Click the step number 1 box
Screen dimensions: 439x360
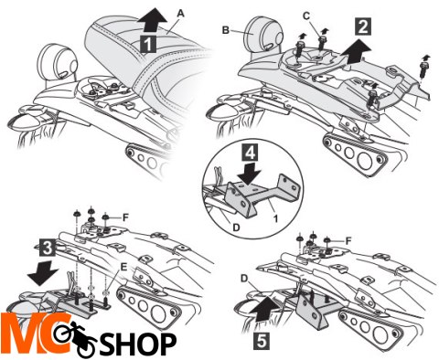click(x=147, y=44)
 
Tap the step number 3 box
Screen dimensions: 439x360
click(x=48, y=249)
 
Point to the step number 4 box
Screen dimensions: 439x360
click(x=250, y=153)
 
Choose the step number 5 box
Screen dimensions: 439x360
click(x=262, y=341)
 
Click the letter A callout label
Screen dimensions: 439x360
click(x=181, y=14)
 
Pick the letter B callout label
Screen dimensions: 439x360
click(x=226, y=30)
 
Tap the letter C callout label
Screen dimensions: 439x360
click(x=306, y=16)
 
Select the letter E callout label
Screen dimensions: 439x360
click(x=123, y=267)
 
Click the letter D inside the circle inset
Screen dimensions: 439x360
click(x=236, y=227)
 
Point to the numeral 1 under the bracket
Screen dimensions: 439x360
click(x=275, y=218)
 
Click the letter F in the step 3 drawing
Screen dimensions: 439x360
click(x=125, y=217)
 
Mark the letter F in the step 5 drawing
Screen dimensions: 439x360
click(x=348, y=241)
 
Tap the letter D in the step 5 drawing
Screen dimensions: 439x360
click(x=244, y=279)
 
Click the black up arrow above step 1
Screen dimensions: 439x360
click(x=152, y=21)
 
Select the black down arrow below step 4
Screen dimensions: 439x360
click(x=250, y=174)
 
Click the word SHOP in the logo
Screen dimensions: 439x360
click(x=139, y=344)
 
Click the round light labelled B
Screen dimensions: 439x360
click(x=265, y=35)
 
